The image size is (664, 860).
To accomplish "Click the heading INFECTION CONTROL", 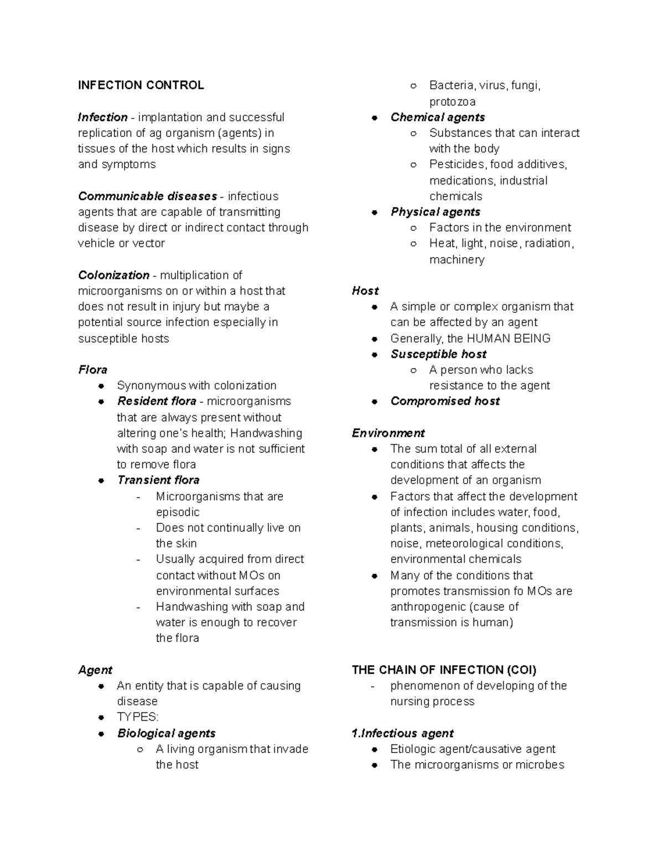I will (x=141, y=85).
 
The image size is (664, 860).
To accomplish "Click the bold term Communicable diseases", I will (x=147, y=196).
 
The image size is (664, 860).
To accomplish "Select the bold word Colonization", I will (x=113, y=275).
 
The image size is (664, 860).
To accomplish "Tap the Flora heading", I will (x=92, y=370).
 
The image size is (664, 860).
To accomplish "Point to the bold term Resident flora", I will (x=157, y=401).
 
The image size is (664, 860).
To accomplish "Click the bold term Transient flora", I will (x=158, y=480).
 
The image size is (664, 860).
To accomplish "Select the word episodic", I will (x=178, y=512).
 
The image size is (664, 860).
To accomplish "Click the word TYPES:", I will (x=137, y=717).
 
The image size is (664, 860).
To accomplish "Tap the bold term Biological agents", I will (x=166, y=733).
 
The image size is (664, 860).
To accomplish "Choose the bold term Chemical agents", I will (x=437, y=117).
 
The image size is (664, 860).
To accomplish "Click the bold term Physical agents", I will (x=435, y=212).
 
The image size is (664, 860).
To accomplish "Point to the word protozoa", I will (x=452, y=102).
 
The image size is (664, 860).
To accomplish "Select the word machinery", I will (x=456, y=260).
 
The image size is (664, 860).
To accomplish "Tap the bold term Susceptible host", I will (x=438, y=354).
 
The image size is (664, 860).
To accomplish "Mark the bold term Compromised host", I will (x=445, y=401).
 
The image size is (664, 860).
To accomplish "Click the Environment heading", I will (x=388, y=433).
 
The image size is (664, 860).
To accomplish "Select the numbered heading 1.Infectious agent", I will (x=402, y=734).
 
